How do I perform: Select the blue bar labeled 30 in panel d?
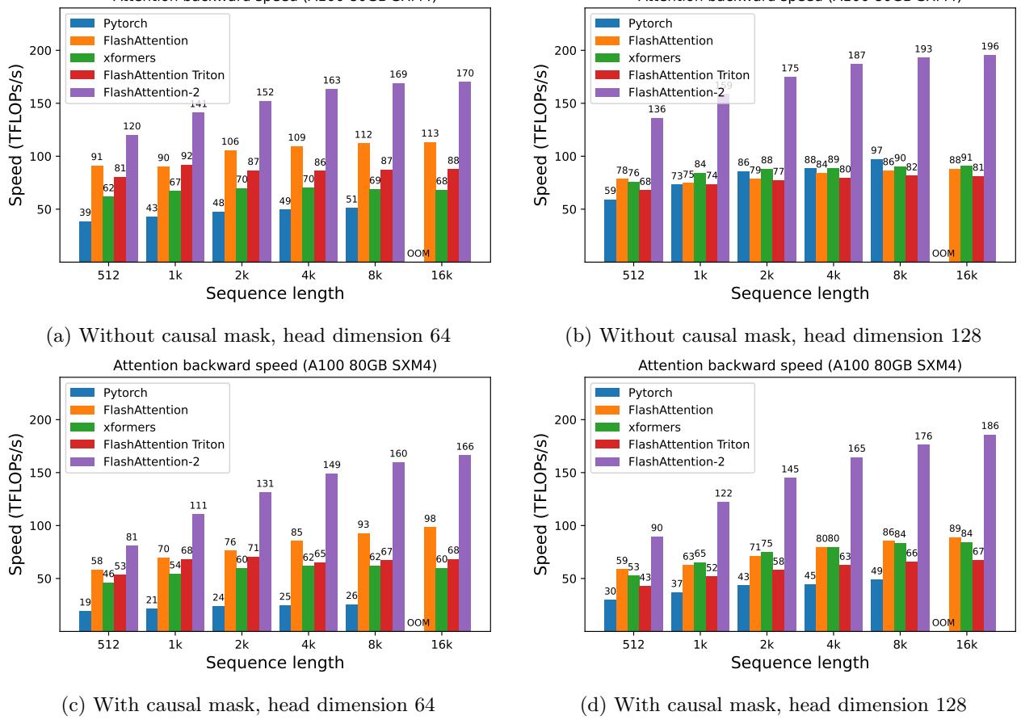(610, 615)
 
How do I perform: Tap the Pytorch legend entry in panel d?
(650, 393)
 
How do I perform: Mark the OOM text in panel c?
(418, 623)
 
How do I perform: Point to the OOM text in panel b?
(943, 254)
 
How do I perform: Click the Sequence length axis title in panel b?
(800, 293)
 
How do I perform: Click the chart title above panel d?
(800, 366)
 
